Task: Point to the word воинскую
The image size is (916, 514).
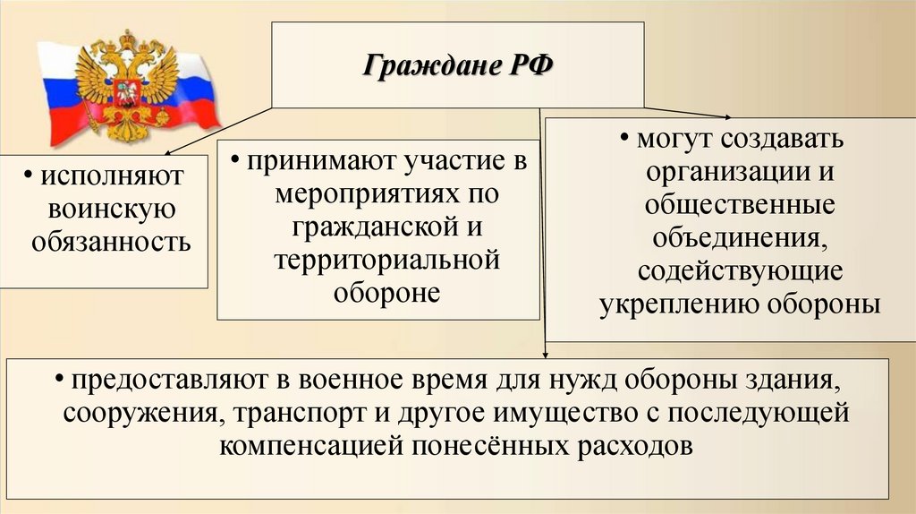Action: (110, 210)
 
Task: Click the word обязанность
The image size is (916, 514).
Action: (112, 242)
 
